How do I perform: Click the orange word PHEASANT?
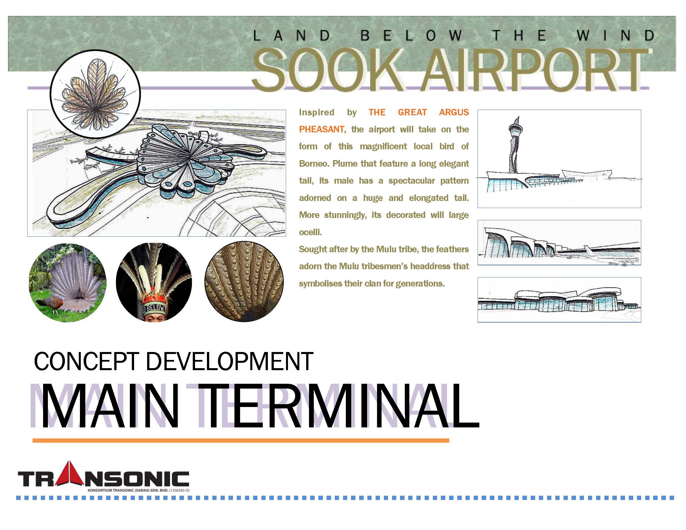tap(321, 129)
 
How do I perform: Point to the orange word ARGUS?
tap(454, 113)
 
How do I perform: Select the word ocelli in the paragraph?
tap(310, 232)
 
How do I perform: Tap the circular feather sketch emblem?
tap(95, 94)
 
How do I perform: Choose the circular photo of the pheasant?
tap(68, 283)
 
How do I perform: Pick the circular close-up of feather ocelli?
tap(244, 281)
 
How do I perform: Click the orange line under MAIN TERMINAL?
tap(241, 440)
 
